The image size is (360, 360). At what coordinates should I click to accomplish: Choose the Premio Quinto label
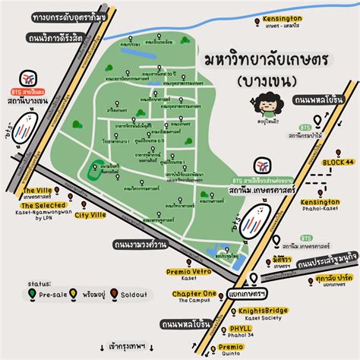[230, 346]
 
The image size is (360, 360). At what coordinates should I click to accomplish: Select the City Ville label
[90, 215]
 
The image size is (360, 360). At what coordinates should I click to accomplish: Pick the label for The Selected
[44, 206]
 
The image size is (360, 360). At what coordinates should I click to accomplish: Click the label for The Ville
[37, 191]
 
